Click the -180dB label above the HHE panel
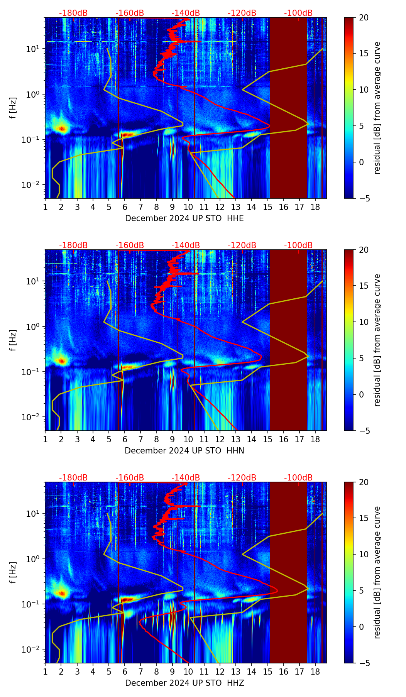coord(73,14)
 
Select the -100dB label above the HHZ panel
coord(298,478)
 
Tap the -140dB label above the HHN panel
coord(186,245)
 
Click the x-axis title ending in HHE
coord(184,218)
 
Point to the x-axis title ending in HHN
coord(184,451)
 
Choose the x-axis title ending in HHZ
coord(184,683)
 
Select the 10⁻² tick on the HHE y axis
coord(34,185)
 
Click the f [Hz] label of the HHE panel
coord(13,108)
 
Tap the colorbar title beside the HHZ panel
coord(377,572)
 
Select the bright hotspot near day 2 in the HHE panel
coord(61,128)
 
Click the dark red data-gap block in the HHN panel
coord(288,340)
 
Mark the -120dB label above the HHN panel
coord(242,245)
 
